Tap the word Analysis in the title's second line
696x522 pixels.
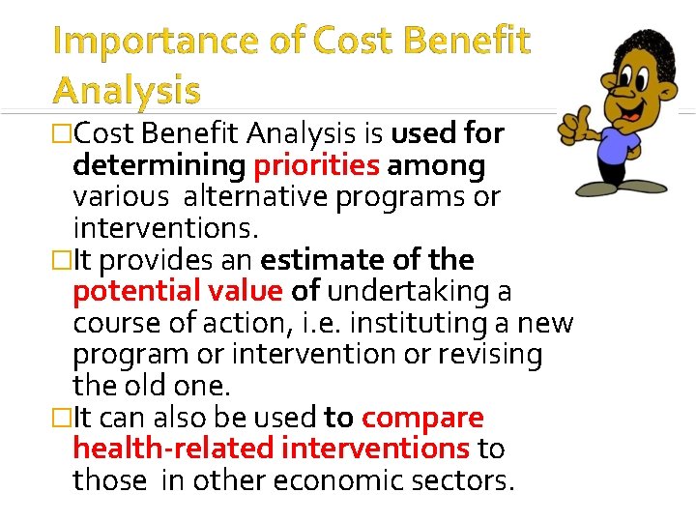[x=127, y=90]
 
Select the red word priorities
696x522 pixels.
[x=316, y=166]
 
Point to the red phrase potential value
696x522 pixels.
[x=178, y=291]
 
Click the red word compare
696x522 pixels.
[x=422, y=418]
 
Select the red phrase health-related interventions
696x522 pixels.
[x=272, y=449]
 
